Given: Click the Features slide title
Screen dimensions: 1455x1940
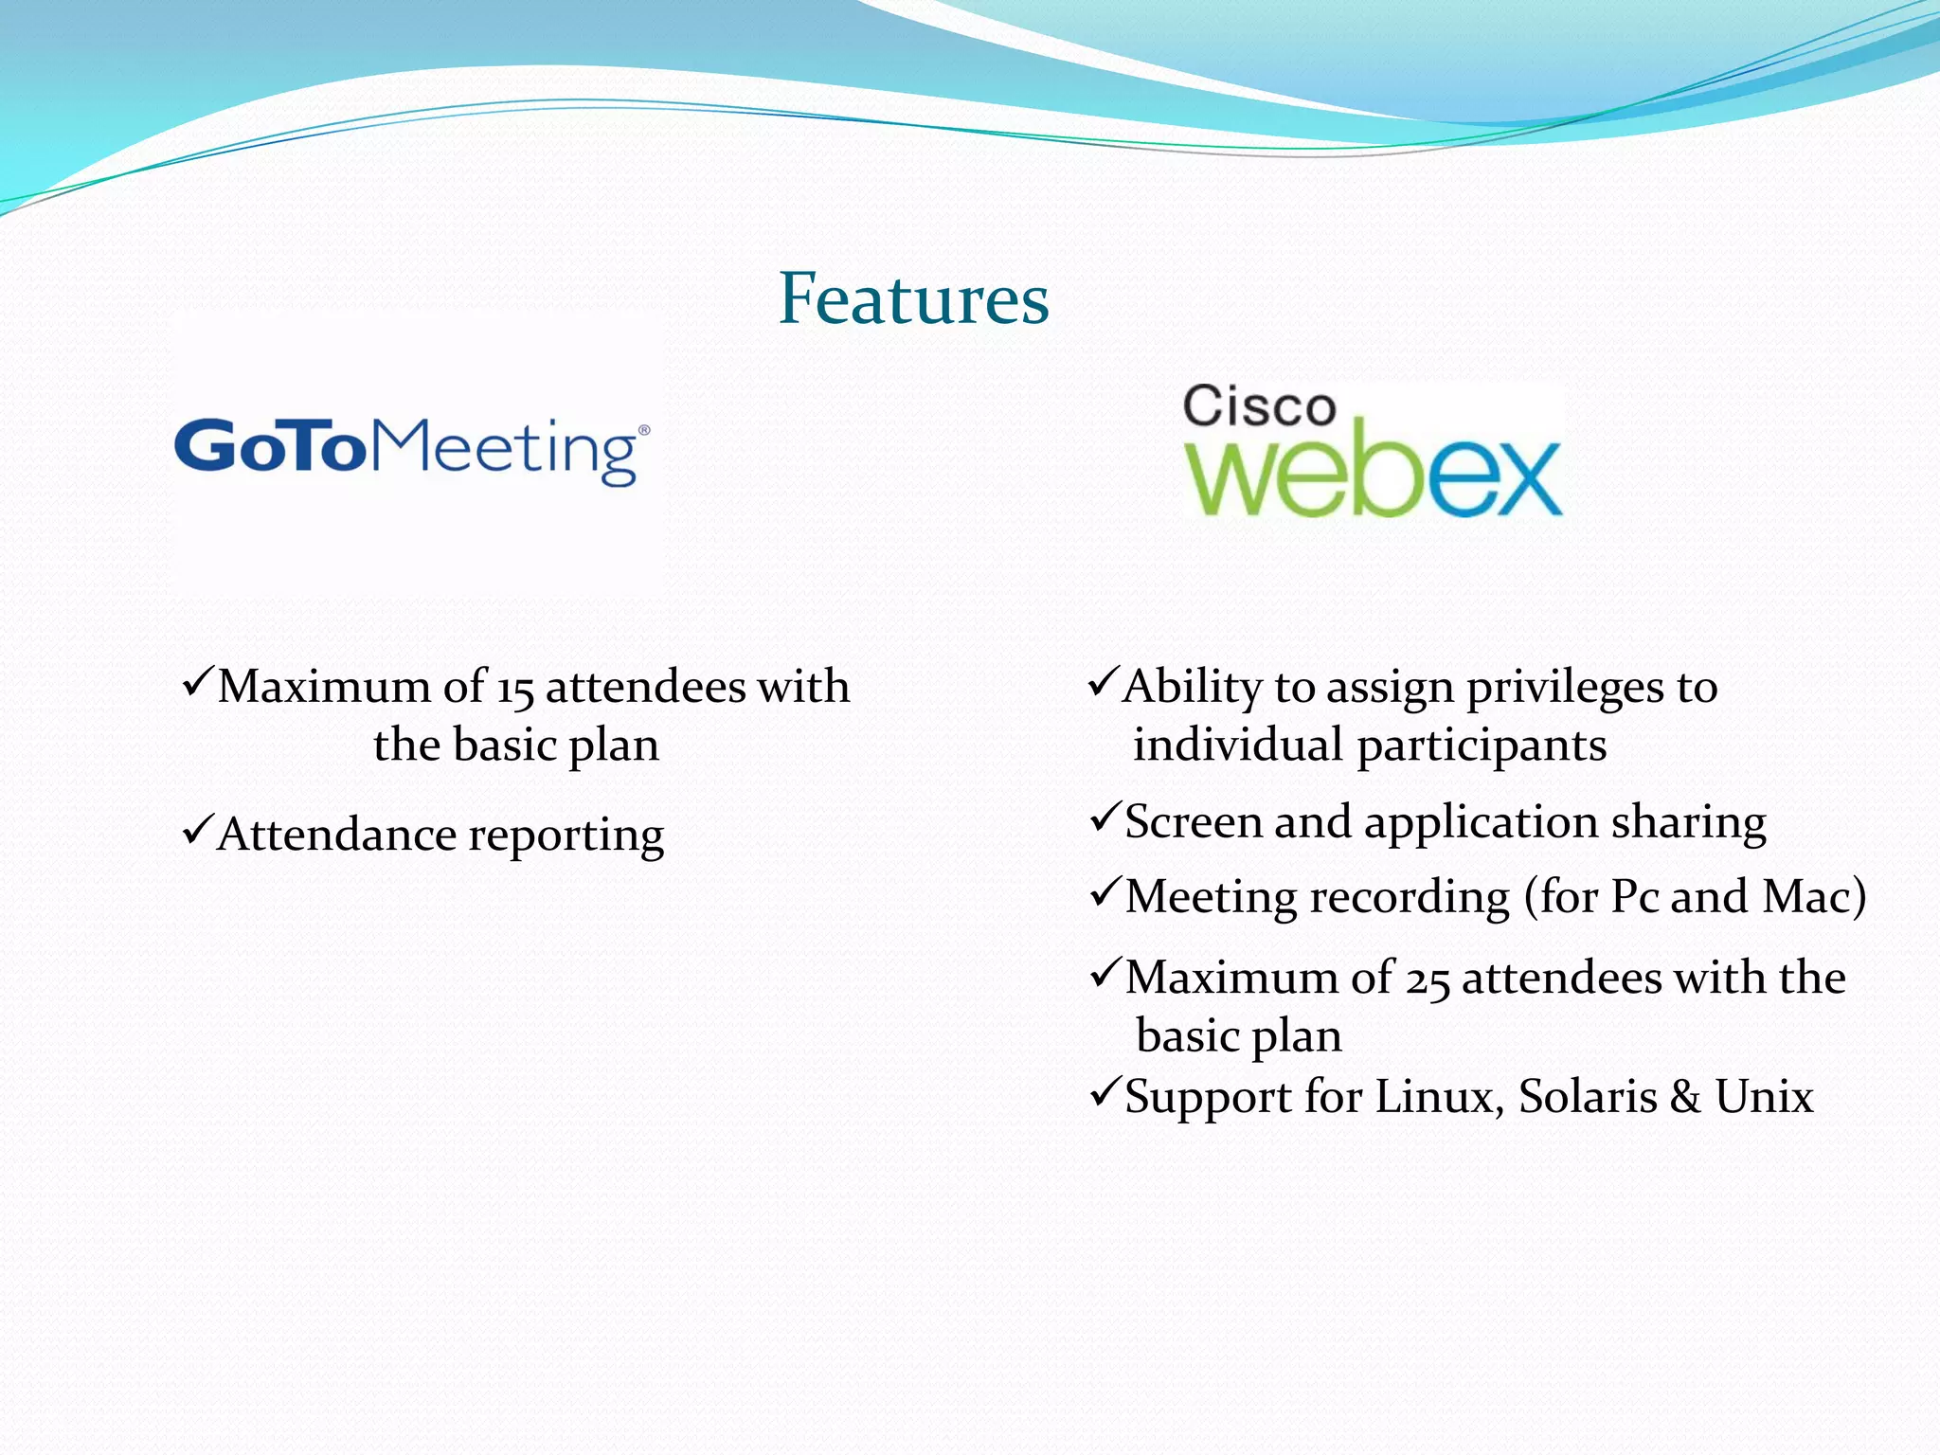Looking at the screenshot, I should (x=913, y=298).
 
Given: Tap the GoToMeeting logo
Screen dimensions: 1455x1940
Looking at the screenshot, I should (x=412, y=450).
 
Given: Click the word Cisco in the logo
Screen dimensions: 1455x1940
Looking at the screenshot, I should (x=1259, y=407).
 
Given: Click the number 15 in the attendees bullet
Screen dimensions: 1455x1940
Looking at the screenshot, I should (x=515, y=688).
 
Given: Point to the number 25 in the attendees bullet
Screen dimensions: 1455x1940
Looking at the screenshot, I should (x=1428, y=979).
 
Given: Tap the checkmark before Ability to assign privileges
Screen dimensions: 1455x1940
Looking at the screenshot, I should (x=1104, y=682).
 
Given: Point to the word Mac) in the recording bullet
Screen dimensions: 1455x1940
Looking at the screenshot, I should (x=1814, y=896).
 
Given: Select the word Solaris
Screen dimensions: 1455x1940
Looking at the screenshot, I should (x=1588, y=1097).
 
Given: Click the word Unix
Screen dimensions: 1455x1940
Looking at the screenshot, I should (x=1764, y=1097).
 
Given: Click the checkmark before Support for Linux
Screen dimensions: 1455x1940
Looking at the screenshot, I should (x=1105, y=1092).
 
